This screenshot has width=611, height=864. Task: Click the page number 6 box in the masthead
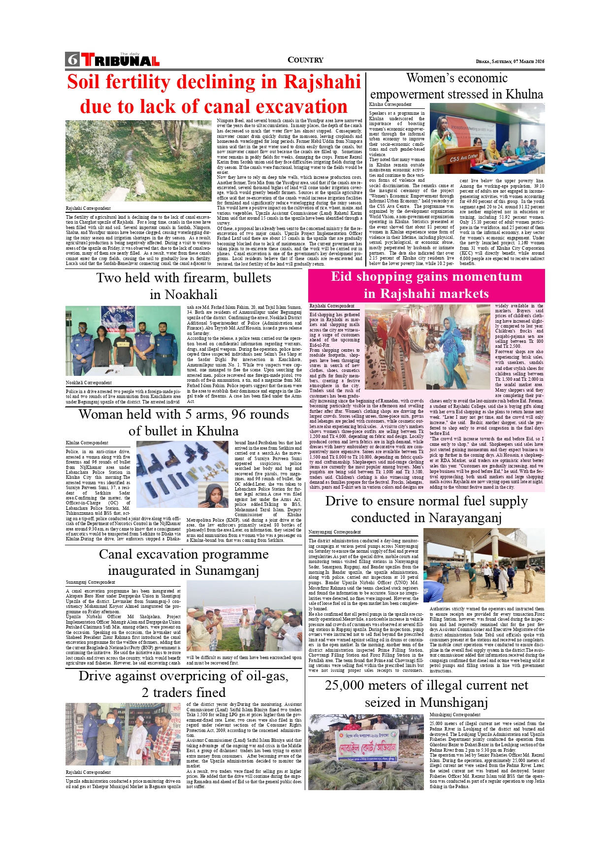click(x=72, y=60)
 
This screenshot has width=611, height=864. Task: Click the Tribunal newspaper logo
click(x=120, y=60)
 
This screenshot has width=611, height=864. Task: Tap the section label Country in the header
click(x=305, y=60)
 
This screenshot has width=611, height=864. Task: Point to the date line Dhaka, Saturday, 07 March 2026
click(x=510, y=62)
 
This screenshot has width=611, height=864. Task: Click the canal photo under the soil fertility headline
click(x=139, y=161)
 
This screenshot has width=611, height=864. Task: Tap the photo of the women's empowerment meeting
click(x=487, y=138)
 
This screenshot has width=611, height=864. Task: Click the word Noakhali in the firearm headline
click(x=184, y=295)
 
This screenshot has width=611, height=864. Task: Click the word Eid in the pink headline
click(x=342, y=277)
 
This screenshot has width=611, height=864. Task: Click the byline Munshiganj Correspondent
click(x=454, y=715)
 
